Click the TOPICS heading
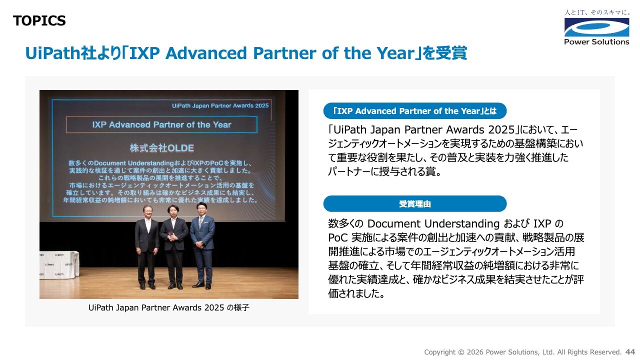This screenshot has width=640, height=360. coord(39,20)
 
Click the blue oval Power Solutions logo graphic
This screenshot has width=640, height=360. coord(596,27)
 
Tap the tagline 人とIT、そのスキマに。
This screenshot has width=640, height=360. coord(596,12)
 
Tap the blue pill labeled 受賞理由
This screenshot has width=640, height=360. coord(415,203)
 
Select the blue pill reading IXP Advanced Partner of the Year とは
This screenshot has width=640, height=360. coord(415,111)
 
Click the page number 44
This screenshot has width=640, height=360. coord(630,351)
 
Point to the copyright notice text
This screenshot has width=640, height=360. coord(523,352)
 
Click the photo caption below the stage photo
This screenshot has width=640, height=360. coord(169,307)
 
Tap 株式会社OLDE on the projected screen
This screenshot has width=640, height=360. coord(161,147)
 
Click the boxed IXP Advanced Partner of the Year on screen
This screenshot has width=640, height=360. coord(161,124)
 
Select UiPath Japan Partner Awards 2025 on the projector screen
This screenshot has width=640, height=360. coord(220,105)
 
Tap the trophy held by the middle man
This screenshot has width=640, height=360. coord(171,235)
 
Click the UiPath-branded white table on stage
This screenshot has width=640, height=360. coord(59,265)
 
